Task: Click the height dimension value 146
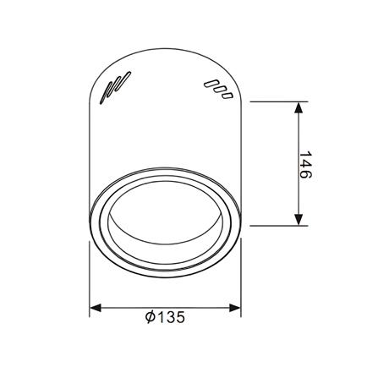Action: [x=306, y=165]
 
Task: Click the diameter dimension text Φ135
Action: [x=165, y=318]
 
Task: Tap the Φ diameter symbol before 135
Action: [x=149, y=318]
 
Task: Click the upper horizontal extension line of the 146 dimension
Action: [x=275, y=101]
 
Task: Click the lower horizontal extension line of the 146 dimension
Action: [x=275, y=226]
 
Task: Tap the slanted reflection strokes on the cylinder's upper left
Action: [x=115, y=87]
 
